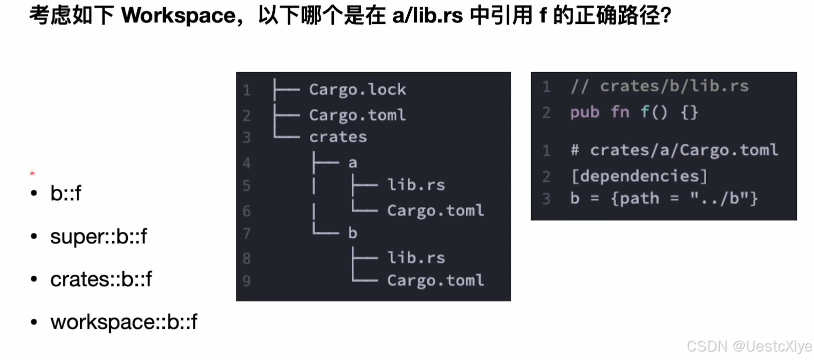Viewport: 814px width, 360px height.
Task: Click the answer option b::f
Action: coord(65,193)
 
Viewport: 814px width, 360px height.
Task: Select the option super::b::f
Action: coord(98,236)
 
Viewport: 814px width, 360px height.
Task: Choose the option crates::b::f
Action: coord(101,279)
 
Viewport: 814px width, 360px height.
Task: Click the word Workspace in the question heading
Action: coord(178,16)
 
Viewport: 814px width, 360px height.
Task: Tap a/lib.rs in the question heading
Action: coord(427,16)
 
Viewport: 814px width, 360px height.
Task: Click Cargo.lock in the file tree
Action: coord(357,89)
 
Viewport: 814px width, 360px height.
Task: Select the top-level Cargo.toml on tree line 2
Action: coord(357,115)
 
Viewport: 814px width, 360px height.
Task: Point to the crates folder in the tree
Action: coord(338,137)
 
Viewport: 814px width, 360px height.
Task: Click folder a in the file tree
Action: coord(353,163)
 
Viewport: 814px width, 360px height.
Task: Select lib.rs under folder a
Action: coord(416,185)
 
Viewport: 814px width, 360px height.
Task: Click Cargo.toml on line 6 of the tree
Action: coord(435,210)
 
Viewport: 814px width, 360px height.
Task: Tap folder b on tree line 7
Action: coord(352,233)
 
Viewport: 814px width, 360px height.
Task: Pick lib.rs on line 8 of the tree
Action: coord(416,258)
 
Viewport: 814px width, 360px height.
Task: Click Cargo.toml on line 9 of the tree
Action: coord(435,280)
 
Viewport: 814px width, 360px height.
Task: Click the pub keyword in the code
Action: coord(585,112)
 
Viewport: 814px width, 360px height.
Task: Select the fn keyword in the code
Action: coord(620,112)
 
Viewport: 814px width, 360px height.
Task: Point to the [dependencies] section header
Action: coord(639,176)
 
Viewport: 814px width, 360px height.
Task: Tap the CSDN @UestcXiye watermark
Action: coord(749,346)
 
